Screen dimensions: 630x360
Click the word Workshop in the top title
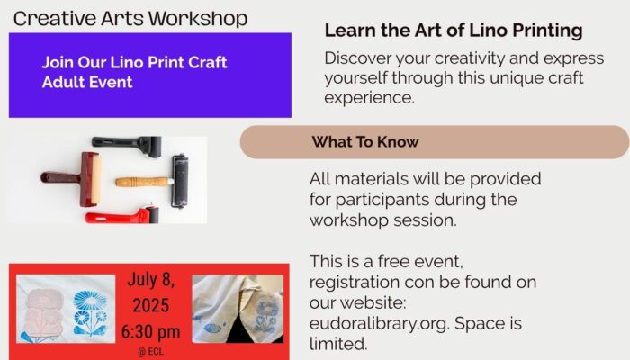pyautogui.click(x=198, y=19)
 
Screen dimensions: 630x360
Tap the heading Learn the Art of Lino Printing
pyautogui.click(x=454, y=31)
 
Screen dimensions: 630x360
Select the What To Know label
pyautogui.click(x=365, y=142)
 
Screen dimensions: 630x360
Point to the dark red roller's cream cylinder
pyautogui.click(x=95, y=179)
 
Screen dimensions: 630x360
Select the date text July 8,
pyautogui.click(x=150, y=280)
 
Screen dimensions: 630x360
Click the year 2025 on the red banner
pyautogui.click(x=150, y=305)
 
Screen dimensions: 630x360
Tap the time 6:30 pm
pyautogui.click(x=150, y=332)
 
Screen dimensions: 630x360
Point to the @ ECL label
pyautogui.click(x=150, y=352)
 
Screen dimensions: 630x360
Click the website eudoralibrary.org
pyautogui.click(x=379, y=324)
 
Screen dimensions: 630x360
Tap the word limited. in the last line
pyautogui.click(x=338, y=344)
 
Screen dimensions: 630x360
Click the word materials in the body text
pyautogui.click(x=372, y=179)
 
